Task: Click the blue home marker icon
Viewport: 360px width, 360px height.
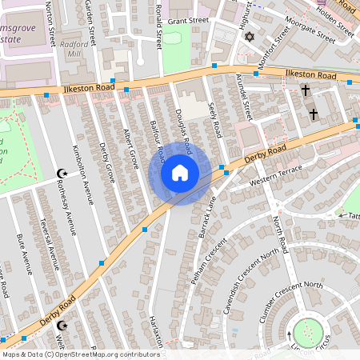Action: pos(180,172)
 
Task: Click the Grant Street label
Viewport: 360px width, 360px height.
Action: pos(188,20)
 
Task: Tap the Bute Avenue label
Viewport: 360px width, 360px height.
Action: pos(25,255)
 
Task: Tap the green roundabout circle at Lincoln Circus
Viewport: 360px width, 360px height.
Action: pos(308,333)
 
